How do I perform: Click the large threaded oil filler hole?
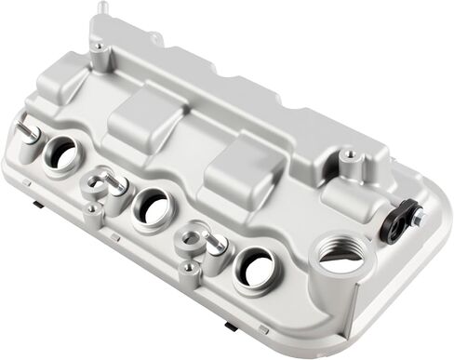click(342, 255)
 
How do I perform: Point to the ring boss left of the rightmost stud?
click(193, 239)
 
